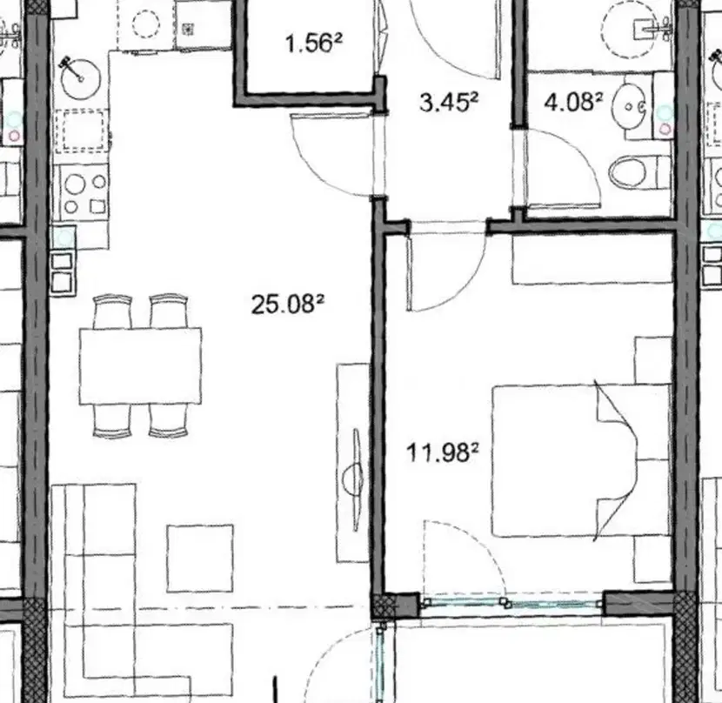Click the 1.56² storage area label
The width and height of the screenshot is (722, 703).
[x=313, y=44]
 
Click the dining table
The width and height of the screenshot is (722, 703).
[x=140, y=365]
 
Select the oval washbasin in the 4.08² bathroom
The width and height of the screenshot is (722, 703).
[x=630, y=106]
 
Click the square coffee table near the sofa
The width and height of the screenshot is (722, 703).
[x=200, y=558]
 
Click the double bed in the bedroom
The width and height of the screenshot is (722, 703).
[x=581, y=460]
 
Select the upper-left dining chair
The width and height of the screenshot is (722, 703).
[x=112, y=311]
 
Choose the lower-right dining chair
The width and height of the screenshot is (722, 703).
[x=169, y=420]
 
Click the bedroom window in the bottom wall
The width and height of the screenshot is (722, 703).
[x=511, y=602]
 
